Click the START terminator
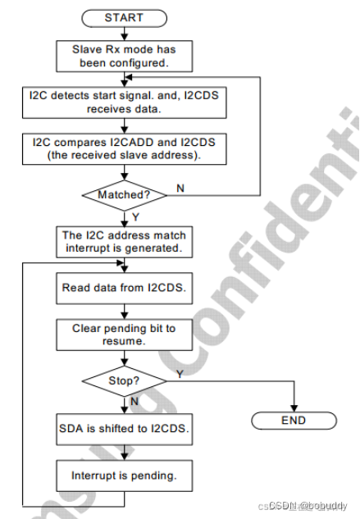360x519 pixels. click(x=123, y=17)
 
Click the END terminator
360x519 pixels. click(x=293, y=420)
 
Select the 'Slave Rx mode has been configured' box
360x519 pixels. click(x=123, y=55)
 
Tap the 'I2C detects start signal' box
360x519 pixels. click(x=123, y=101)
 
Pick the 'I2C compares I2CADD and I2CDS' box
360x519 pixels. click(x=123, y=148)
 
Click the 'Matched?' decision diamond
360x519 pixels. click(x=123, y=195)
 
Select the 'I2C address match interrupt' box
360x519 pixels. click(x=123, y=241)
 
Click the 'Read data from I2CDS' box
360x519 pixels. click(x=123, y=288)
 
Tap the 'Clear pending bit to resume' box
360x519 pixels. click(x=123, y=334)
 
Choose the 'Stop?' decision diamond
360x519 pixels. click(x=123, y=380)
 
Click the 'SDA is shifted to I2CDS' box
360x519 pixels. click(x=123, y=427)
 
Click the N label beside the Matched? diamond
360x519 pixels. click(x=180, y=189)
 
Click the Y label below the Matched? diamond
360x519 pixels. click(x=135, y=217)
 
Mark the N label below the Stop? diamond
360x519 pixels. click(x=135, y=403)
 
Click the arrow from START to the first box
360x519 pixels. click(x=123, y=32)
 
